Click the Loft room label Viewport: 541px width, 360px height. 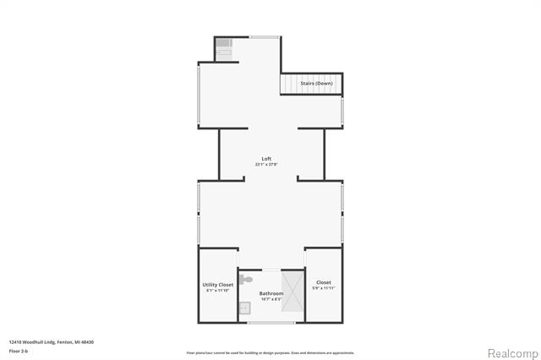click(x=266, y=159)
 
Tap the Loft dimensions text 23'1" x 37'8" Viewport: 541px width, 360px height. click(x=266, y=165)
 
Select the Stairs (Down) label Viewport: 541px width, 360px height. click(x=316, y=84)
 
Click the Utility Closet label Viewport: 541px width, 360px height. click(x=217, y=285)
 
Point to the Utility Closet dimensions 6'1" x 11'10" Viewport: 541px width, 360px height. click(x=217, y=291)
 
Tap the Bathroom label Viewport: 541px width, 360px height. click(x=270, y=293)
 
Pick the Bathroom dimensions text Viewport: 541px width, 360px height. click(x=270, y=299)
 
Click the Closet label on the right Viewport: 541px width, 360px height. click(x=323, y=282)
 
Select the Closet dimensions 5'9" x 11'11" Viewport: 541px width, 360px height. click(x=323, y=288)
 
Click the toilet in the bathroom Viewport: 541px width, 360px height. click(x=245, y=278)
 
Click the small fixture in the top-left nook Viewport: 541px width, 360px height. click(x=224, y=46)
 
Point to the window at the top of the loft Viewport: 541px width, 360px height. click(x=265, y=36)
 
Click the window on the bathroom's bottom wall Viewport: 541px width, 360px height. click(x=270, y=322)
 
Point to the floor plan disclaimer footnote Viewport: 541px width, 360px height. click(x=270, y=352)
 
